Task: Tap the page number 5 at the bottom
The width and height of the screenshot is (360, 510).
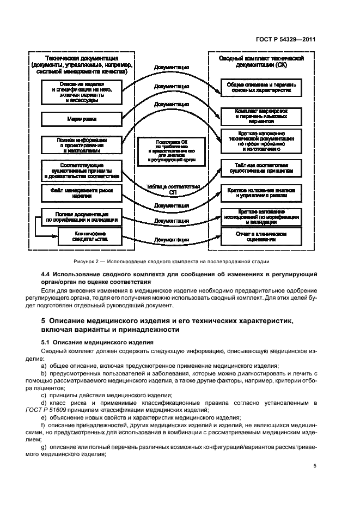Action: point(315,466)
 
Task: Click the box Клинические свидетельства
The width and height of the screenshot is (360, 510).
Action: point(83,236)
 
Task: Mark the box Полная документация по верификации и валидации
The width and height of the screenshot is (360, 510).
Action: point(81,216)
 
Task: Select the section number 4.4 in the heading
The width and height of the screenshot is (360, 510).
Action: point(48,273)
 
